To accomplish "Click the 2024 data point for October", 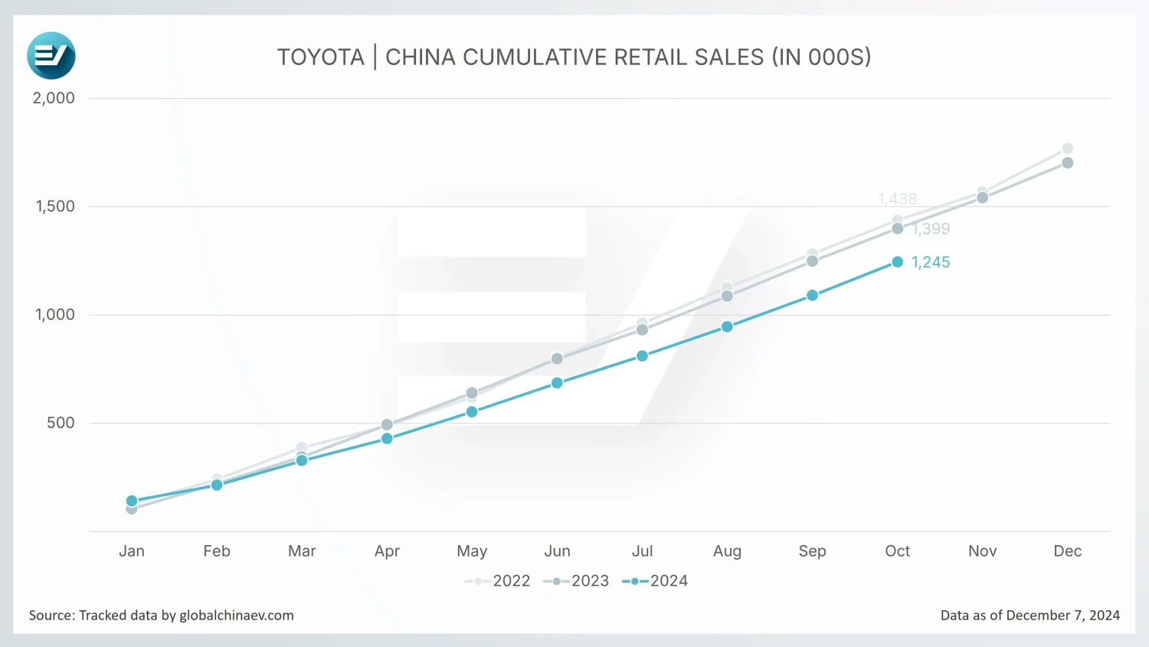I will pyautogui.click(x=898, y=262).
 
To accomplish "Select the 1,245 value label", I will pyautogui.click(x=931, y=263).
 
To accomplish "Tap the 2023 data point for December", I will pyautogui.click(x=1068, y=163).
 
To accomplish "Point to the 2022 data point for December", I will pyautogui.click(x=1068, y=149).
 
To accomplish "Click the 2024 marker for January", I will pyautogui.click(x=132, y=501).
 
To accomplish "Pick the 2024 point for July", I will pyautogui.click(x=643, y=356).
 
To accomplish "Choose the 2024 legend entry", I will pyautogui.click(x=655, y=581).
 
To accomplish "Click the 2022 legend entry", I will pyautogui.click(x=498, y=581).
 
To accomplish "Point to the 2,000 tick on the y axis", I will pyautogui.click(x=54, y=98).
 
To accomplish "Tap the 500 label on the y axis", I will pyautogui.click(x=61, y=423).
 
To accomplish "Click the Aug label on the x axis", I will pyautogui.click(x=727, y=551).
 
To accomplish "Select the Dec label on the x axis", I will pyautogui.click(x=1068, y=551).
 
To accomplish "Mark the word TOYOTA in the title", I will pyautogui.click(x=321, y=57).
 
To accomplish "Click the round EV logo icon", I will pyautogui.click(x=51, y=56).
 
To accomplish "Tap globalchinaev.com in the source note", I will pyautogui.click(x=237, y=616).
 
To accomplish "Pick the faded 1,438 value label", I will pyautogui.click(x=897, y=199).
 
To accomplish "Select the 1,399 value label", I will pyautogui.click(x=931, y=229).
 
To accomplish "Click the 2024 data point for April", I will pyautogui.click(x=387, y=439).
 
